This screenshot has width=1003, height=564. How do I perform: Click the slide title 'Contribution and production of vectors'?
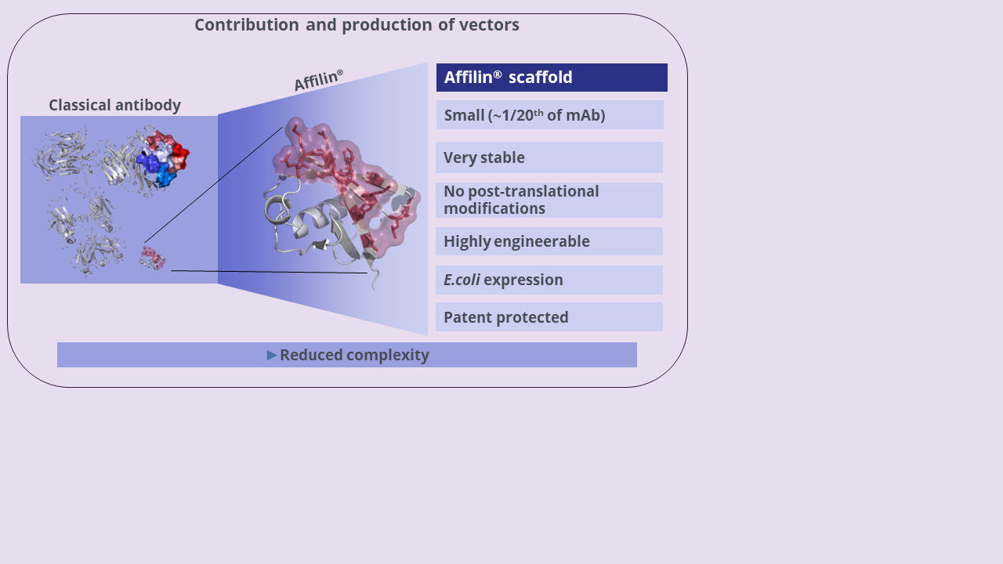point(357,25)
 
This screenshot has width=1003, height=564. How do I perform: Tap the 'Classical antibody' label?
point(114,105)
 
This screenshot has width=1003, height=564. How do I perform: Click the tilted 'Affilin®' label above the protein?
point(318,81)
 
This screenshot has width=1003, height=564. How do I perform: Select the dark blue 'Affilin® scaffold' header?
point(552,78)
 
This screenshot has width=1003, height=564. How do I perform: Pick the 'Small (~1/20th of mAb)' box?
point(549,115)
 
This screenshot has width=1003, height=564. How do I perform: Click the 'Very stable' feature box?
point(549,157)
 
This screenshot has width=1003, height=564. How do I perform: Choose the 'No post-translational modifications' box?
point(549,200)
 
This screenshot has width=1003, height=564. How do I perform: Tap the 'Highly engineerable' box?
point(549,241)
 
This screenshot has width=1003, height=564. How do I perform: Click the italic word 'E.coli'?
point(462,280)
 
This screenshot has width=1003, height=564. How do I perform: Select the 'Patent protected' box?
point(549,317)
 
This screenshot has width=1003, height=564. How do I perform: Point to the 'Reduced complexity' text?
point(354,355)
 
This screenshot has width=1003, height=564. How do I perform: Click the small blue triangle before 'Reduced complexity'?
point(272,356)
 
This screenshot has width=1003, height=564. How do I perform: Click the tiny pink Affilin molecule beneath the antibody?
point(153,257)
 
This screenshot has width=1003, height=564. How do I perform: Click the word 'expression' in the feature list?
point(523,280)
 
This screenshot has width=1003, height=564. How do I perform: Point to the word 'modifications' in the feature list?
point(494,208)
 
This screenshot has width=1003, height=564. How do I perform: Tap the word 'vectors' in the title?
point(489,25)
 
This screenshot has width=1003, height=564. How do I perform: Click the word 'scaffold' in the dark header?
point(540,78)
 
